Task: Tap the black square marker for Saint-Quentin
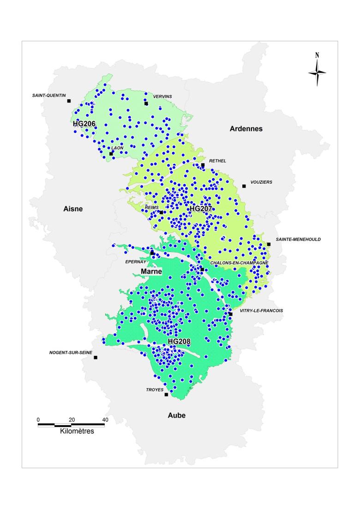coord(69,101)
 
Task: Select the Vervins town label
coord(162,96)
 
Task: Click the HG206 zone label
coord(84,124)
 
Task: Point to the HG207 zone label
coord(201,209)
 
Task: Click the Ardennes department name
coord(246,129)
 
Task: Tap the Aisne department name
coord(73,209)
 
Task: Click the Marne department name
coord(151,272)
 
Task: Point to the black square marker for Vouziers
coord(244,186)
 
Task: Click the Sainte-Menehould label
coord(298,240)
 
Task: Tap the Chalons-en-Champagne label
coord(239,263)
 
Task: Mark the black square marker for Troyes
coord(166,395)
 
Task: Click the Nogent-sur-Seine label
coord(71,352)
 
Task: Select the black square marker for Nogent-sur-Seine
coord(96,358)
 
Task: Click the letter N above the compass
coord(317,55)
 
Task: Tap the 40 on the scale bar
coord(105,419)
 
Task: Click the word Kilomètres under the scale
coord(77,431)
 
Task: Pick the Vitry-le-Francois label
coord(261,311)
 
